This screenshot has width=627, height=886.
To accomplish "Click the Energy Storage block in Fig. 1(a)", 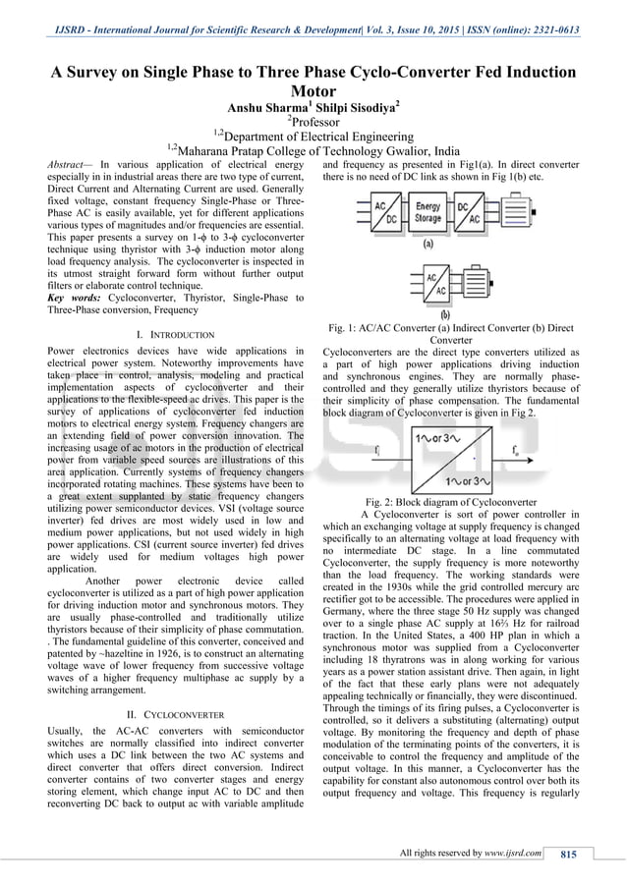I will point(427,213).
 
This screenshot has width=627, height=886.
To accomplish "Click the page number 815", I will point(567,854).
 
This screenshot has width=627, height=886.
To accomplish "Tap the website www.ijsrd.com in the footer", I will point(514,854).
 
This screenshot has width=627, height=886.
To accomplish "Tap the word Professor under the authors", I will point(315,126).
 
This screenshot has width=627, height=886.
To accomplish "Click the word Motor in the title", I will point(313,92).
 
